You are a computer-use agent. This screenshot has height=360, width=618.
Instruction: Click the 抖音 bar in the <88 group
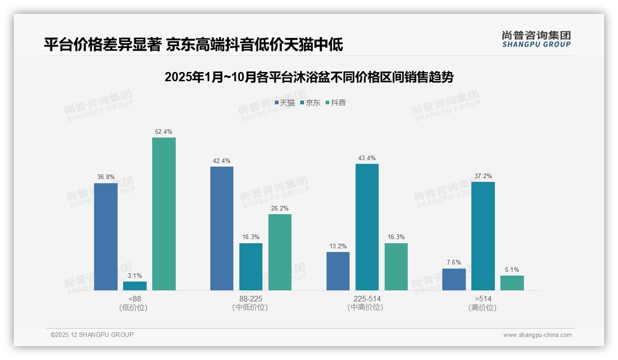tap(164, 214)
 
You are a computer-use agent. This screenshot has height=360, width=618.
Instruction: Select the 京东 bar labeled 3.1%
tap(135, 286)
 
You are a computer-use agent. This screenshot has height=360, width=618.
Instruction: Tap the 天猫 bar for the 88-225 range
tap(222, 228)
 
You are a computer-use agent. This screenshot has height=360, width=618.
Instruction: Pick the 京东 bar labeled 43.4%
tap(367, 227)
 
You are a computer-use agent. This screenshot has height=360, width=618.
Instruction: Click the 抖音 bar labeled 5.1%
tap(512, 283)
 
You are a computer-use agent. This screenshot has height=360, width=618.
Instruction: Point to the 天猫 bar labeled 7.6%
tap(454, 279)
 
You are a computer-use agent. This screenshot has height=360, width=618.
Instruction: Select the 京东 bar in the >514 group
tap(483, 236)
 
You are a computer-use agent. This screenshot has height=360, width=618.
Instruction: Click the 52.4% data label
tap(164, 132)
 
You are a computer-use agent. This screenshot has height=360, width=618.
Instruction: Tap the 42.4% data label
tap(222, 161)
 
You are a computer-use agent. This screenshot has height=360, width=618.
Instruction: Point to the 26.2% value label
tap(280, 208)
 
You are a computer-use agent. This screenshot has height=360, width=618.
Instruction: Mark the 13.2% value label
tap(338, 246)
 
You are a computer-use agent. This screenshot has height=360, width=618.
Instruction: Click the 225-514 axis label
tap(367, 299)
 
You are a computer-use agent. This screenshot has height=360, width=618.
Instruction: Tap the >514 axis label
tap(483, 299)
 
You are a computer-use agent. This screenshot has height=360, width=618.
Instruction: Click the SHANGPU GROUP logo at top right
tap(536, 39)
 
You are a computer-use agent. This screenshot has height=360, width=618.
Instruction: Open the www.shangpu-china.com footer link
tap(537, 335)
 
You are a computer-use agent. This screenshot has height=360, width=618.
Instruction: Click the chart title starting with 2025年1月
tap(309, 77)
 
